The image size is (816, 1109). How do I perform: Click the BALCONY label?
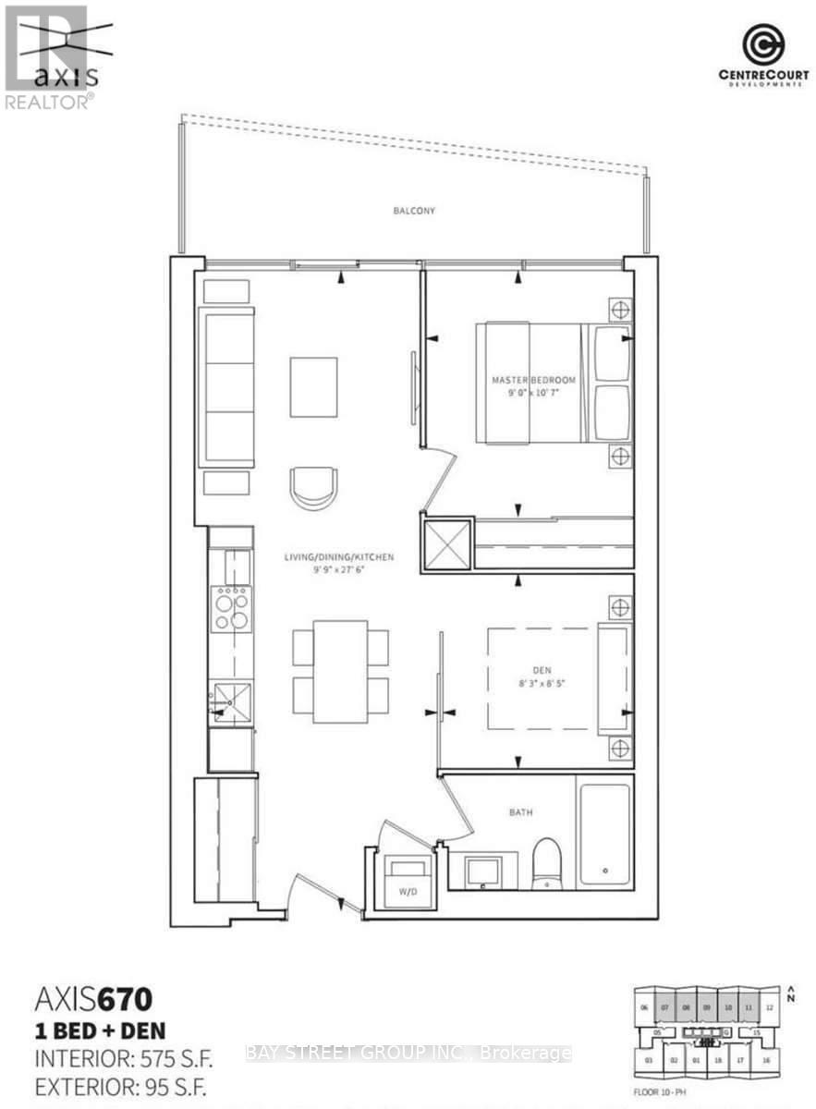pyautogui.click(x=413, y=211)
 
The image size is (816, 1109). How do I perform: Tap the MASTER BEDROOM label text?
pyautogui.click(x=534, y=381)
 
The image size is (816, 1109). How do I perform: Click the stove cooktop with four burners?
pyautogui.click(x=230, y=609)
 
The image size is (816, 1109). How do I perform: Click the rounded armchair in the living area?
pyautogui.click(x=314, y=486)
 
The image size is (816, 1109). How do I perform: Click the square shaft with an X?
pyautogui.click(x=445, y=543)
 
